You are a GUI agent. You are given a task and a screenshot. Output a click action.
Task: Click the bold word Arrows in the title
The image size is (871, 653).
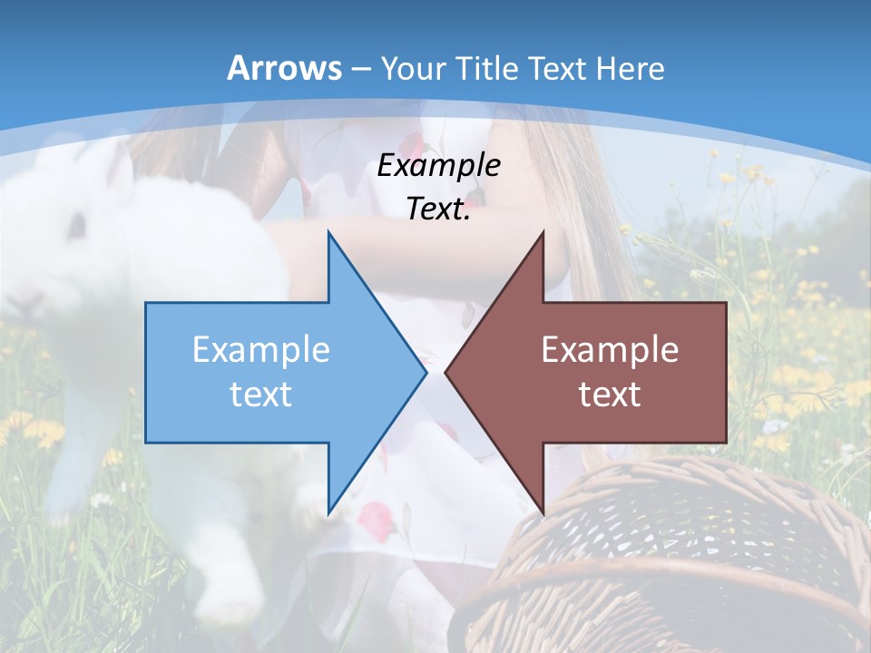click(285, 68)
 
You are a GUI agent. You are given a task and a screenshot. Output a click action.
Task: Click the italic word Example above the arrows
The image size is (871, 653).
click(438, 165)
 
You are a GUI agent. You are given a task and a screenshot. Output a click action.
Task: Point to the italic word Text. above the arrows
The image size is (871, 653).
click(438, 209)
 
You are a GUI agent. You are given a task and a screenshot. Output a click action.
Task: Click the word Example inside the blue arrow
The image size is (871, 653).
click(261, 349)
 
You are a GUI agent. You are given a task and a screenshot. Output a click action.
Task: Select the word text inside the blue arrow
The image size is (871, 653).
click(261, 394)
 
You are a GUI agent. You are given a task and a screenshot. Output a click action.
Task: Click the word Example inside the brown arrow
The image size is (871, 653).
click(610, 349)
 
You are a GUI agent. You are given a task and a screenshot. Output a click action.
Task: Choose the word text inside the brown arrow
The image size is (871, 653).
click(610, 394)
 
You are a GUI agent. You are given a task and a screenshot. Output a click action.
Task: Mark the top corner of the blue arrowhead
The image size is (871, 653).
click(328, 233)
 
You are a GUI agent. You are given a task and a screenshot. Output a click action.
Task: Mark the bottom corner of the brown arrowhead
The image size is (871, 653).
click(543, 512)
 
